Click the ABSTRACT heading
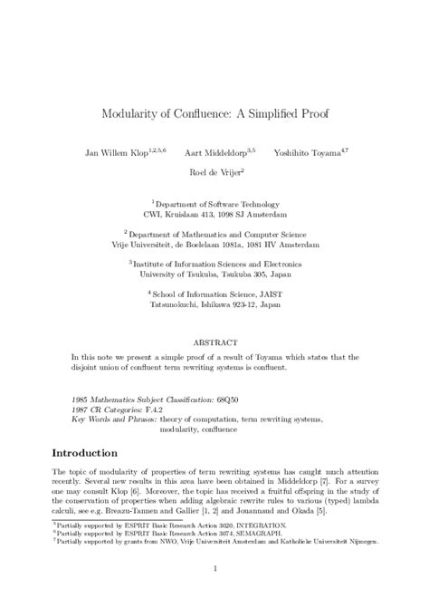[x=214, y=344]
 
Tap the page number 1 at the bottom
[x=214, y=569]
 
